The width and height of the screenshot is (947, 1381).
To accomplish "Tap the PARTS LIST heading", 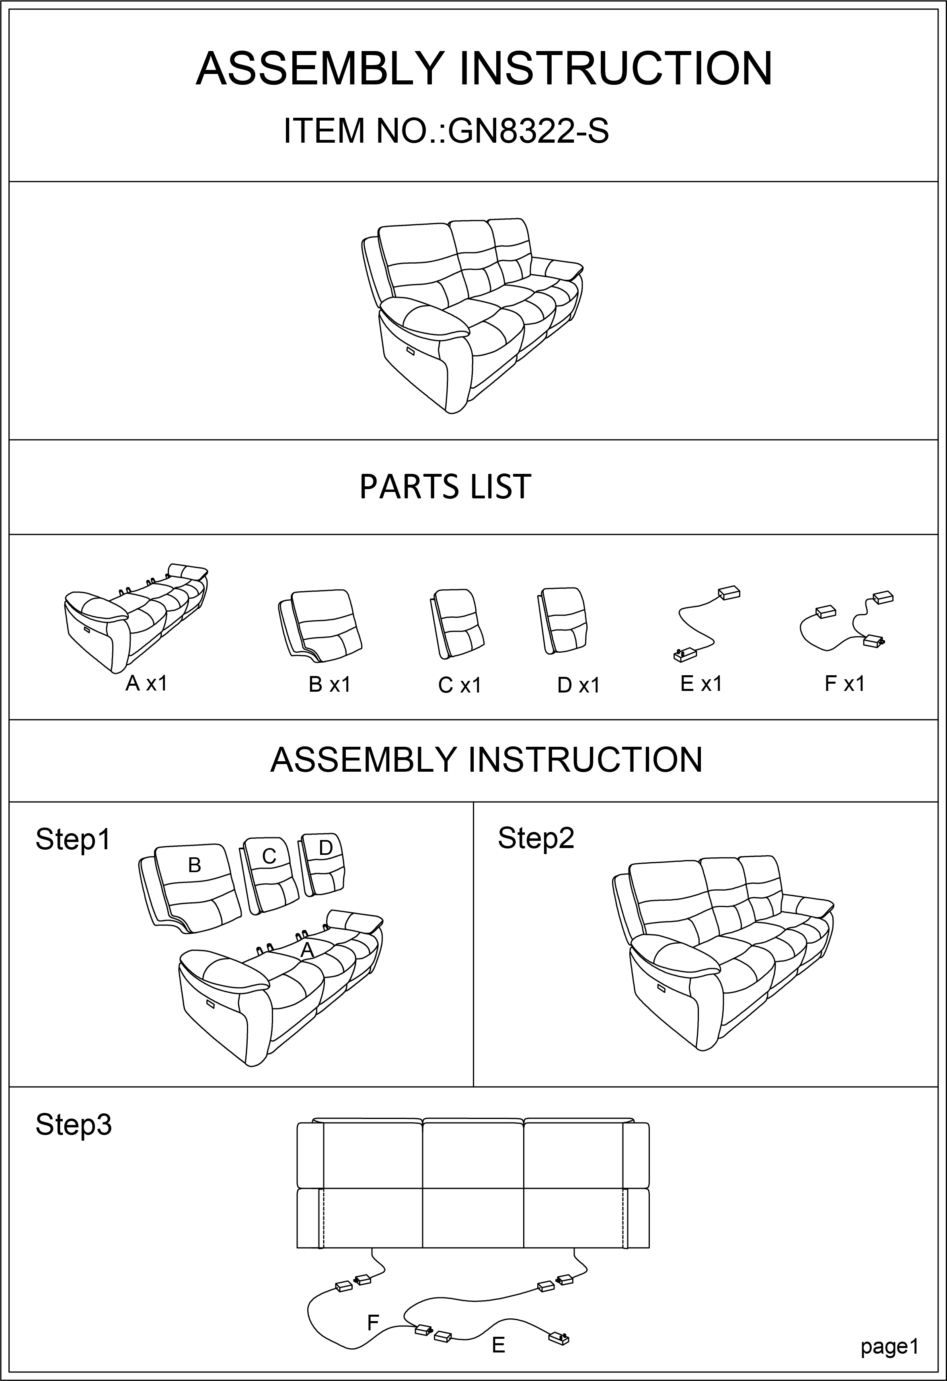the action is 445,487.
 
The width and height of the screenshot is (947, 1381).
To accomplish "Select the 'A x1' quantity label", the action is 146,684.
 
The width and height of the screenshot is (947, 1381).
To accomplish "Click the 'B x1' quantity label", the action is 330,685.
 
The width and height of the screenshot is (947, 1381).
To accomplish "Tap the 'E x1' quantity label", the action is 701,684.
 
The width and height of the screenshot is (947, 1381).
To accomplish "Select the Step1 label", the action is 73,840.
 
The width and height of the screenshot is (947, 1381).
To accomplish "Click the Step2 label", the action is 536,838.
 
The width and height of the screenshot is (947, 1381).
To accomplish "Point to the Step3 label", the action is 74,1125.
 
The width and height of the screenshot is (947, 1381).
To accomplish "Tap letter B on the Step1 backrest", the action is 194,865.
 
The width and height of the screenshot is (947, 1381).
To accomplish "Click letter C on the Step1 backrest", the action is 269,856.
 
